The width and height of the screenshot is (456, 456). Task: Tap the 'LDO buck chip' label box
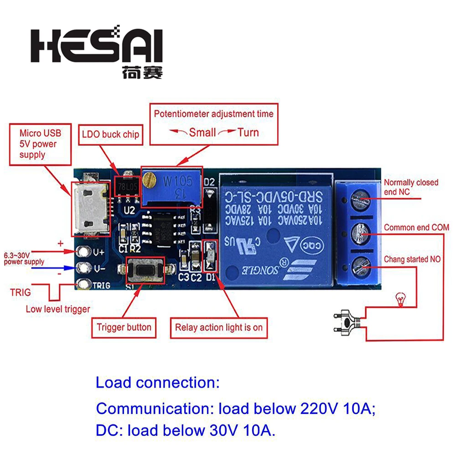click(x=110, y=135)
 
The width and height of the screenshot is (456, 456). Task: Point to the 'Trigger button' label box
click(x=124, y=327)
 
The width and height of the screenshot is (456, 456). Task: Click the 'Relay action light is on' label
click(x=218, y=327)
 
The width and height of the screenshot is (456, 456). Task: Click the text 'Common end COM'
click(x=416, y=227)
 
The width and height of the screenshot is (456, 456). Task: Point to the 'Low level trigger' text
click(x=58, y=309)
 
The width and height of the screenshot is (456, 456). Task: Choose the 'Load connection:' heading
click(x=157, y=383)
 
